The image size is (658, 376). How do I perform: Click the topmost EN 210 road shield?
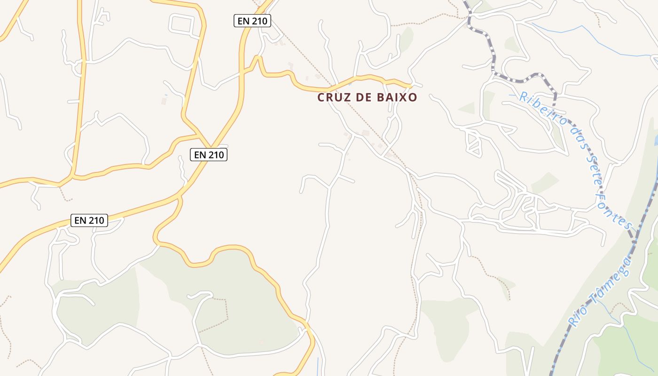coord(252,21)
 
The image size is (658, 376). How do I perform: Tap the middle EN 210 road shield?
coord(209,154)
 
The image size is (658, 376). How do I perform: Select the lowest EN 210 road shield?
coord(89,220)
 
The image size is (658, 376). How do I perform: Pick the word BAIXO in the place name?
coord(397,97)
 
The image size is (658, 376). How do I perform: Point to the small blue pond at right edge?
coord(656,140)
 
